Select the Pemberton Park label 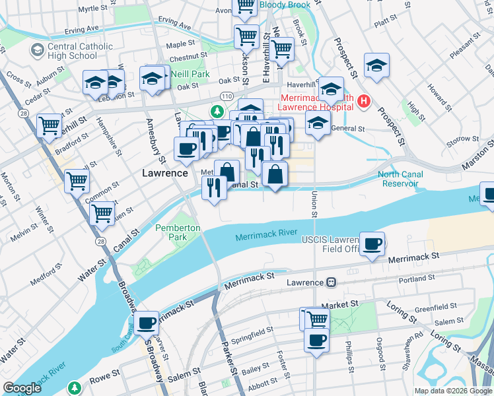pyautogui.click(x=178, y=232)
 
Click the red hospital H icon pyautogui.click(x=364, y=102)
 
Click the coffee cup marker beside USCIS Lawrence pyautogui.click(x=372, y=244)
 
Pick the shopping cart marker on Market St pyautogui.click(x=317, y=319)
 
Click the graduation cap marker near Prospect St pyautogui.click(x=376, y=65)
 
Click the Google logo pyautogui.click(x=22, y=387)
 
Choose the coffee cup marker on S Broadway pyautogui.click(x=147, y=323)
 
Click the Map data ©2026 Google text pyautogui.click(x=453, y=391)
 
